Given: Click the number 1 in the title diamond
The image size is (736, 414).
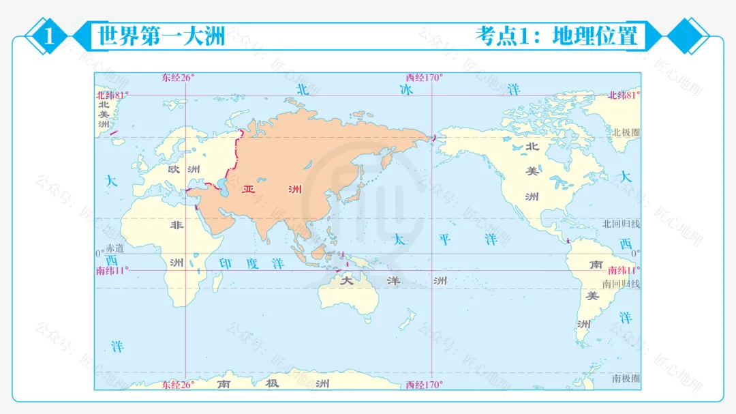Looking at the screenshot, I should click(49, 36).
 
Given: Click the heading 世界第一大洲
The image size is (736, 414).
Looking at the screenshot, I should click(162, 36).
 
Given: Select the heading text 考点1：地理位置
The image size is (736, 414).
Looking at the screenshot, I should click(556, 36).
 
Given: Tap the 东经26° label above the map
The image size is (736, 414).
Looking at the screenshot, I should click(179, 78).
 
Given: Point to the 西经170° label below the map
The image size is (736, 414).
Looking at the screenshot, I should click(424, 385).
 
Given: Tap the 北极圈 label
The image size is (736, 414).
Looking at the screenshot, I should click(626, 132).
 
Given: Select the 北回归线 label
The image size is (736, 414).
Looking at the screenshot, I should click(621, 224).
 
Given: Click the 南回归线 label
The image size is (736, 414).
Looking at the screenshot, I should click(621, 284).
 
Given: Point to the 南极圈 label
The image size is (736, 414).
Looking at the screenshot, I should click(625, 378).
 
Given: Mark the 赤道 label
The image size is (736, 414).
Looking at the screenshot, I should click(116, 248).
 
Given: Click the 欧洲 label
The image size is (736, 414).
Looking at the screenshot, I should click(184, 168).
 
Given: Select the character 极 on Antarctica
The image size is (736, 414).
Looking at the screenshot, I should click(273, 383).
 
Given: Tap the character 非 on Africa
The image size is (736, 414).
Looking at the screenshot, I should click(177, 225).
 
